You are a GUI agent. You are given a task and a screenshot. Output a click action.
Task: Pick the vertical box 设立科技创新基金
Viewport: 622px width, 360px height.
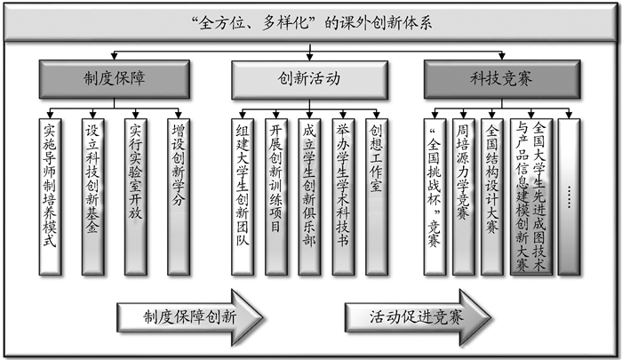[x=92, y=194]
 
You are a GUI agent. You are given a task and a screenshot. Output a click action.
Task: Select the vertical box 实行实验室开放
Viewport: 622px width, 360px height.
[x=134, y=194]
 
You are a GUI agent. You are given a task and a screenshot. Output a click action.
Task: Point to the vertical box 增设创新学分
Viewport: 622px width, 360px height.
[x=176, y=194]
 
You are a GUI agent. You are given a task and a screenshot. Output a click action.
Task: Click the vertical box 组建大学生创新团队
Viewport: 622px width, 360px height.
[x=243, y=194]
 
